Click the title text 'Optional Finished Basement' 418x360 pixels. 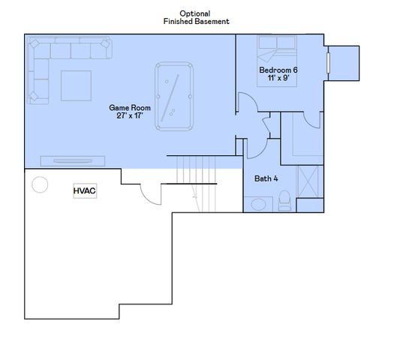196,18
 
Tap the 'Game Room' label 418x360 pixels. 130,108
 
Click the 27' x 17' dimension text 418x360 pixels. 130,116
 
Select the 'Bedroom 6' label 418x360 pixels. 278,70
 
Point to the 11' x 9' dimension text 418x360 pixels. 278,79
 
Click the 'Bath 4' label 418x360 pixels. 266,178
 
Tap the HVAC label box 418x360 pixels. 84,191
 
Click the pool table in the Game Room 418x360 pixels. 174,96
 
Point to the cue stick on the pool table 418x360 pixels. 170,92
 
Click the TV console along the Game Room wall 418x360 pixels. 72,160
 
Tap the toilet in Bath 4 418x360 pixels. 284,199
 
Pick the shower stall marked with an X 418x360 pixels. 309,181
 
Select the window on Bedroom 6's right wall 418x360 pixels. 328,63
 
